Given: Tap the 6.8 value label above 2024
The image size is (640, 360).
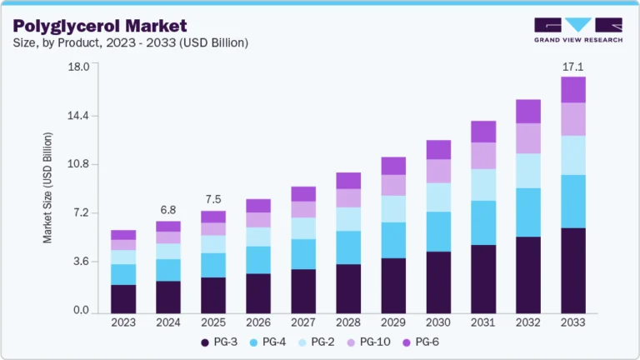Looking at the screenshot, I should tap(167, 209).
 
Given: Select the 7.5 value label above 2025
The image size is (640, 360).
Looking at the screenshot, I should tap(212, 199).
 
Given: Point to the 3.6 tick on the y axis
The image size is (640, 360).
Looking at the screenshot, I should tap(80, 262).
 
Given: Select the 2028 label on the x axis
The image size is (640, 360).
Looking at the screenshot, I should tap(348, 322).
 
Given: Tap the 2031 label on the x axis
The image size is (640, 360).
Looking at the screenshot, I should tap(483, 322).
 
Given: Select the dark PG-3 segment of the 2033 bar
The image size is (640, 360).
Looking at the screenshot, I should tap(573, 270).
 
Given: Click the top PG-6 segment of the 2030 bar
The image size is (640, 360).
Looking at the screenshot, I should tap(438, 150).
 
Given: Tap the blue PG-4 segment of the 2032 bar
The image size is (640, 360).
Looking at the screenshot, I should tap(528, 212).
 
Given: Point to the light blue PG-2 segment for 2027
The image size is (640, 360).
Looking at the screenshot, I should tap(303, 228).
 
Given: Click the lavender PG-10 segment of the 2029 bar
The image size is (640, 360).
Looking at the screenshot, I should tap(393, 185).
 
